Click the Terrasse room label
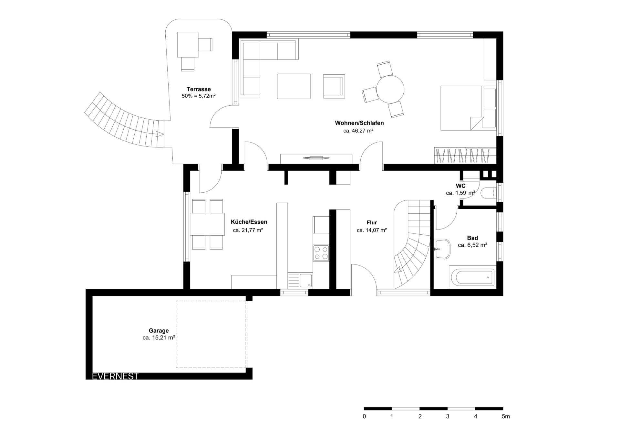click(199, 89)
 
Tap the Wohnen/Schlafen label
click(359, 123)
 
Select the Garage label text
click(159, 331)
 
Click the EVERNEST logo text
click(115, 376)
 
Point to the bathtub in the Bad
click(472, 277)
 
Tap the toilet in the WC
click(488, 193)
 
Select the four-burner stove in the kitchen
click(321, 253)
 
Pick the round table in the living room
click(390, 89)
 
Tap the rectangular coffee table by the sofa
click(294, 86)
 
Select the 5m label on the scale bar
click(506, 416)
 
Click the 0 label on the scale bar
click(364, 416)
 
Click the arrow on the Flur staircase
click(398, 269)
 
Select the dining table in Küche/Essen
click(207, 224)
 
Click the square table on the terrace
click(188, 44)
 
